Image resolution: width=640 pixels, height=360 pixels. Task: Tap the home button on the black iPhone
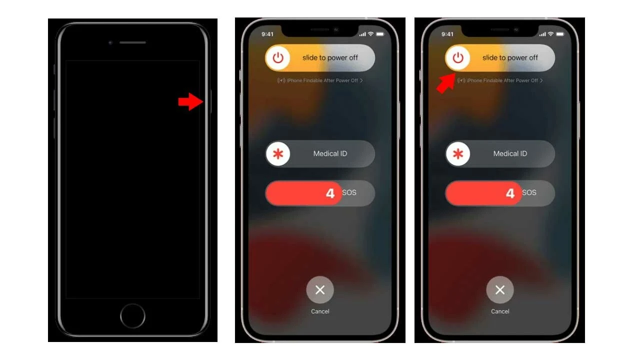point(132,315)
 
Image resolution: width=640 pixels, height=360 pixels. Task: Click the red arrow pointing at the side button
point(190,101)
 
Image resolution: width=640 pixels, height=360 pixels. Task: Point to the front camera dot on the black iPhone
point(110,43)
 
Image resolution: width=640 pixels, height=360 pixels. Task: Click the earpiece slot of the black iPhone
point(132,42)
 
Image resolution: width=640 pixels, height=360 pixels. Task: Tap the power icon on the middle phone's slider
point(277,57)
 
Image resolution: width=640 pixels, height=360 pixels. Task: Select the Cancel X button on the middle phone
point(320,289)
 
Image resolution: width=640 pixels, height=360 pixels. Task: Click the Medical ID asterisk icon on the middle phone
point(278,153)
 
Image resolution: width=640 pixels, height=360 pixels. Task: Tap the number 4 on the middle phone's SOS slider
point(330,193)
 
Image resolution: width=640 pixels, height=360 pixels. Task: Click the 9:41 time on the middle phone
point(267,34)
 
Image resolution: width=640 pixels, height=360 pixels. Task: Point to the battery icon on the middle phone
point(380,34)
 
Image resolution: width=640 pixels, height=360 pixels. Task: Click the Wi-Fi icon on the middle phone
point(370,34)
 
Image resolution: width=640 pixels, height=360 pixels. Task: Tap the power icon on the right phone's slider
point(457,57)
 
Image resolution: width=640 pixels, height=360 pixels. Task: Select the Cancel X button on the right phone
point(500,289)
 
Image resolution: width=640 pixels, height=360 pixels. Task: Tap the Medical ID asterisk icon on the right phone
point(458,153)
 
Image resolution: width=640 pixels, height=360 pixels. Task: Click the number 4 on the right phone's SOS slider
point(510,193)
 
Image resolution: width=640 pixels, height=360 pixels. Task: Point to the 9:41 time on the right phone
point(447,34)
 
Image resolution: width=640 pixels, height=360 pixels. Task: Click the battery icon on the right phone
point(560,34)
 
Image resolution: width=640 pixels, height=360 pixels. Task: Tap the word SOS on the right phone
point(529,192)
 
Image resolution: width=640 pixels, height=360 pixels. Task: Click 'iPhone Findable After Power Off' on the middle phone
point(322,80)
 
